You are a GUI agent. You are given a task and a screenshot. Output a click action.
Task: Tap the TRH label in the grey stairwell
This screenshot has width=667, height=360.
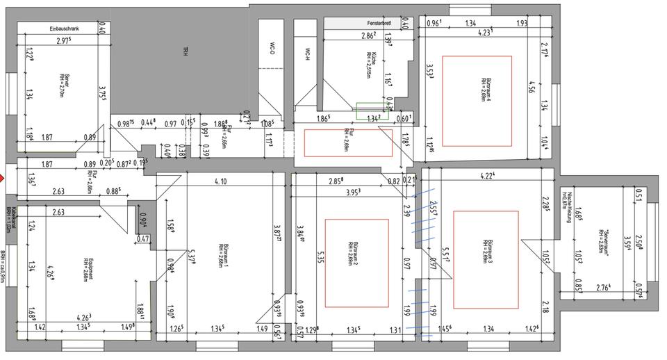[186, 51]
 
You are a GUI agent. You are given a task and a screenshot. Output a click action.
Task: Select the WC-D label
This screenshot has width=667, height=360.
[271, 50]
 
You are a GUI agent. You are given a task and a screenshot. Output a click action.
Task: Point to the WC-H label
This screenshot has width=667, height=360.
[306, 53]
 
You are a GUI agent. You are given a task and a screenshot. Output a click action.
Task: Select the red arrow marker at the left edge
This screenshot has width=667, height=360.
[2, 179]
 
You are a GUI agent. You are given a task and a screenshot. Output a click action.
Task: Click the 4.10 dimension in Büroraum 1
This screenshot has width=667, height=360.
[220, 181]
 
